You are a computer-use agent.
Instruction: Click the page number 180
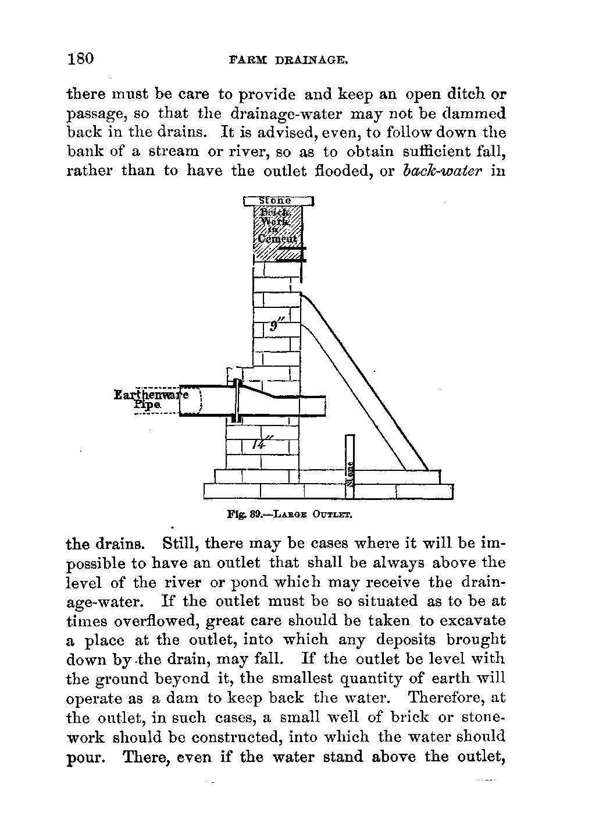click(x=81, y=59)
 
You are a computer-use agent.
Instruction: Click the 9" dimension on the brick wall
click(x=275, y=327)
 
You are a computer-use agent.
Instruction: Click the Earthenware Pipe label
click(x=149, y=400)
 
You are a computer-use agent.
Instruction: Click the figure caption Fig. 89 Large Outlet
click(x=290, y=515)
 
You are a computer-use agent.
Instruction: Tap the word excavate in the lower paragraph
click(x=472, y=621)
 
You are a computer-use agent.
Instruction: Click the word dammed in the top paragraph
click(x=473, y=113)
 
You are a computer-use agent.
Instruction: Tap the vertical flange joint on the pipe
click(x=237, y=401)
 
